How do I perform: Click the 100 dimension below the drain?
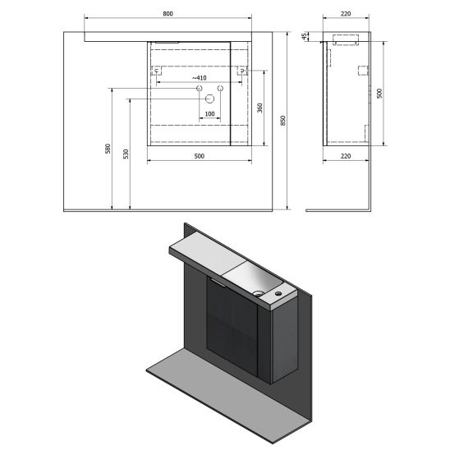click(209, 114)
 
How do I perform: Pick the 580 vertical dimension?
click(108, 148)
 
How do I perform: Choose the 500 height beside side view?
click(379, 94)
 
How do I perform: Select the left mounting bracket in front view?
click(158, 72)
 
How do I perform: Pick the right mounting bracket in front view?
click(243, 72)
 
